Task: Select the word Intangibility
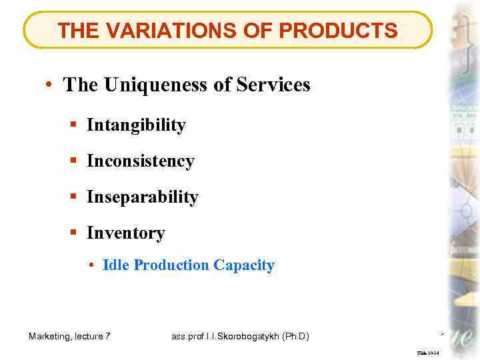(x=136, y=125)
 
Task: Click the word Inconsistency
(x=140, y=161)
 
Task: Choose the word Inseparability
(x=142, y=197)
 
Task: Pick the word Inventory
(x=125, y=233)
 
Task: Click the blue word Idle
(x=116, y=265)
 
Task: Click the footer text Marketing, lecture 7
(x=70, y=337)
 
